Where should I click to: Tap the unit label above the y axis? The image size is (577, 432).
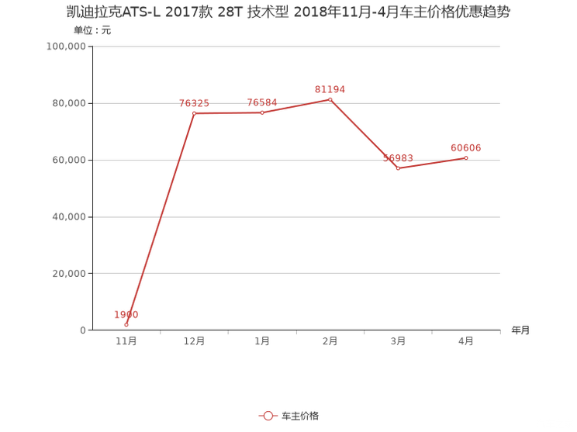pos(92,31)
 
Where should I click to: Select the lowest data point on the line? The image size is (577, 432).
pos(126,325)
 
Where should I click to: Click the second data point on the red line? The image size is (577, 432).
pos(194,112)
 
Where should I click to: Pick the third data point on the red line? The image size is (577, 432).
pos(262,112)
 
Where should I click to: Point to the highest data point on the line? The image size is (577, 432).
pos(330,99)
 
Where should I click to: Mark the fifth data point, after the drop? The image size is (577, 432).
pos(399,168)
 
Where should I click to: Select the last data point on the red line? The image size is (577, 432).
pos(466,157)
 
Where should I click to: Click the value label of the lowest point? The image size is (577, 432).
pos(126,314)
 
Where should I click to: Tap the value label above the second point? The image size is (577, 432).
pos(194,102)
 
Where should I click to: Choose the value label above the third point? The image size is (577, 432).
pos(262,102)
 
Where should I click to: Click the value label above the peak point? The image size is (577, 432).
pos(330,88)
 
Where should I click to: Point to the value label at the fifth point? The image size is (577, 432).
pos(399,157)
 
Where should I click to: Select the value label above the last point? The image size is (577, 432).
pos(465,147)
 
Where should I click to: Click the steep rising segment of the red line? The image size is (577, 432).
pos(161,217)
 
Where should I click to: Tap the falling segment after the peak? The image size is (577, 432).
pos(365,134)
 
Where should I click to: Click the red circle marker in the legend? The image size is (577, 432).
pos(268,416)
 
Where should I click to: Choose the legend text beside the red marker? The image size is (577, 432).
pos(300,416)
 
